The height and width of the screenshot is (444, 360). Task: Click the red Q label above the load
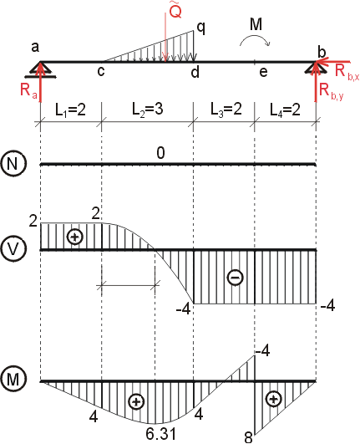click(175, 11)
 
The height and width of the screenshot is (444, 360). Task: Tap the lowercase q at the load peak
click(200, 28)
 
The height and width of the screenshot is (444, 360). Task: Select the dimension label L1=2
click(70, 110)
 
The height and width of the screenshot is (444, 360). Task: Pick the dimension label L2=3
click(148, 109)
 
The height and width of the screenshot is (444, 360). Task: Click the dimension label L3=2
click(226, 109)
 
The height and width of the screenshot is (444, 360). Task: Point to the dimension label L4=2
click(285, 110)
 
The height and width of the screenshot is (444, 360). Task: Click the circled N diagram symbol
click(13, 163)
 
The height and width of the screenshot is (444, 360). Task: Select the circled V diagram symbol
click(13, 248)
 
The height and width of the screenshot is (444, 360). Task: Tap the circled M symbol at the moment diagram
click(13, 379)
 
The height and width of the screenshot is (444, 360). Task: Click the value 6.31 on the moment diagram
click(161, 433)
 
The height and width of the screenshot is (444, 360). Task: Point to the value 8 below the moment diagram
click(248, 437)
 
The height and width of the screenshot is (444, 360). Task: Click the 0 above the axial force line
click(160, 153)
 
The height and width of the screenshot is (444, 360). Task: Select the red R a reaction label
click(28, 90)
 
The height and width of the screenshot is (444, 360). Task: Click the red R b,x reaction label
click(347, 72)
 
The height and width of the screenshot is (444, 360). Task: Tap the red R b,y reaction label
click(331, 91)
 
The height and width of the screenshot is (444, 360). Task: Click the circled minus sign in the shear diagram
click(236, 277)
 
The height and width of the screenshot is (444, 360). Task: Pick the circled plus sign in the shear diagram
click(74, 237)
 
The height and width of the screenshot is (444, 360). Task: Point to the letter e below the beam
click(263, 72)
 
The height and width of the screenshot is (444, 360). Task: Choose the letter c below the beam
click(101, 72)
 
